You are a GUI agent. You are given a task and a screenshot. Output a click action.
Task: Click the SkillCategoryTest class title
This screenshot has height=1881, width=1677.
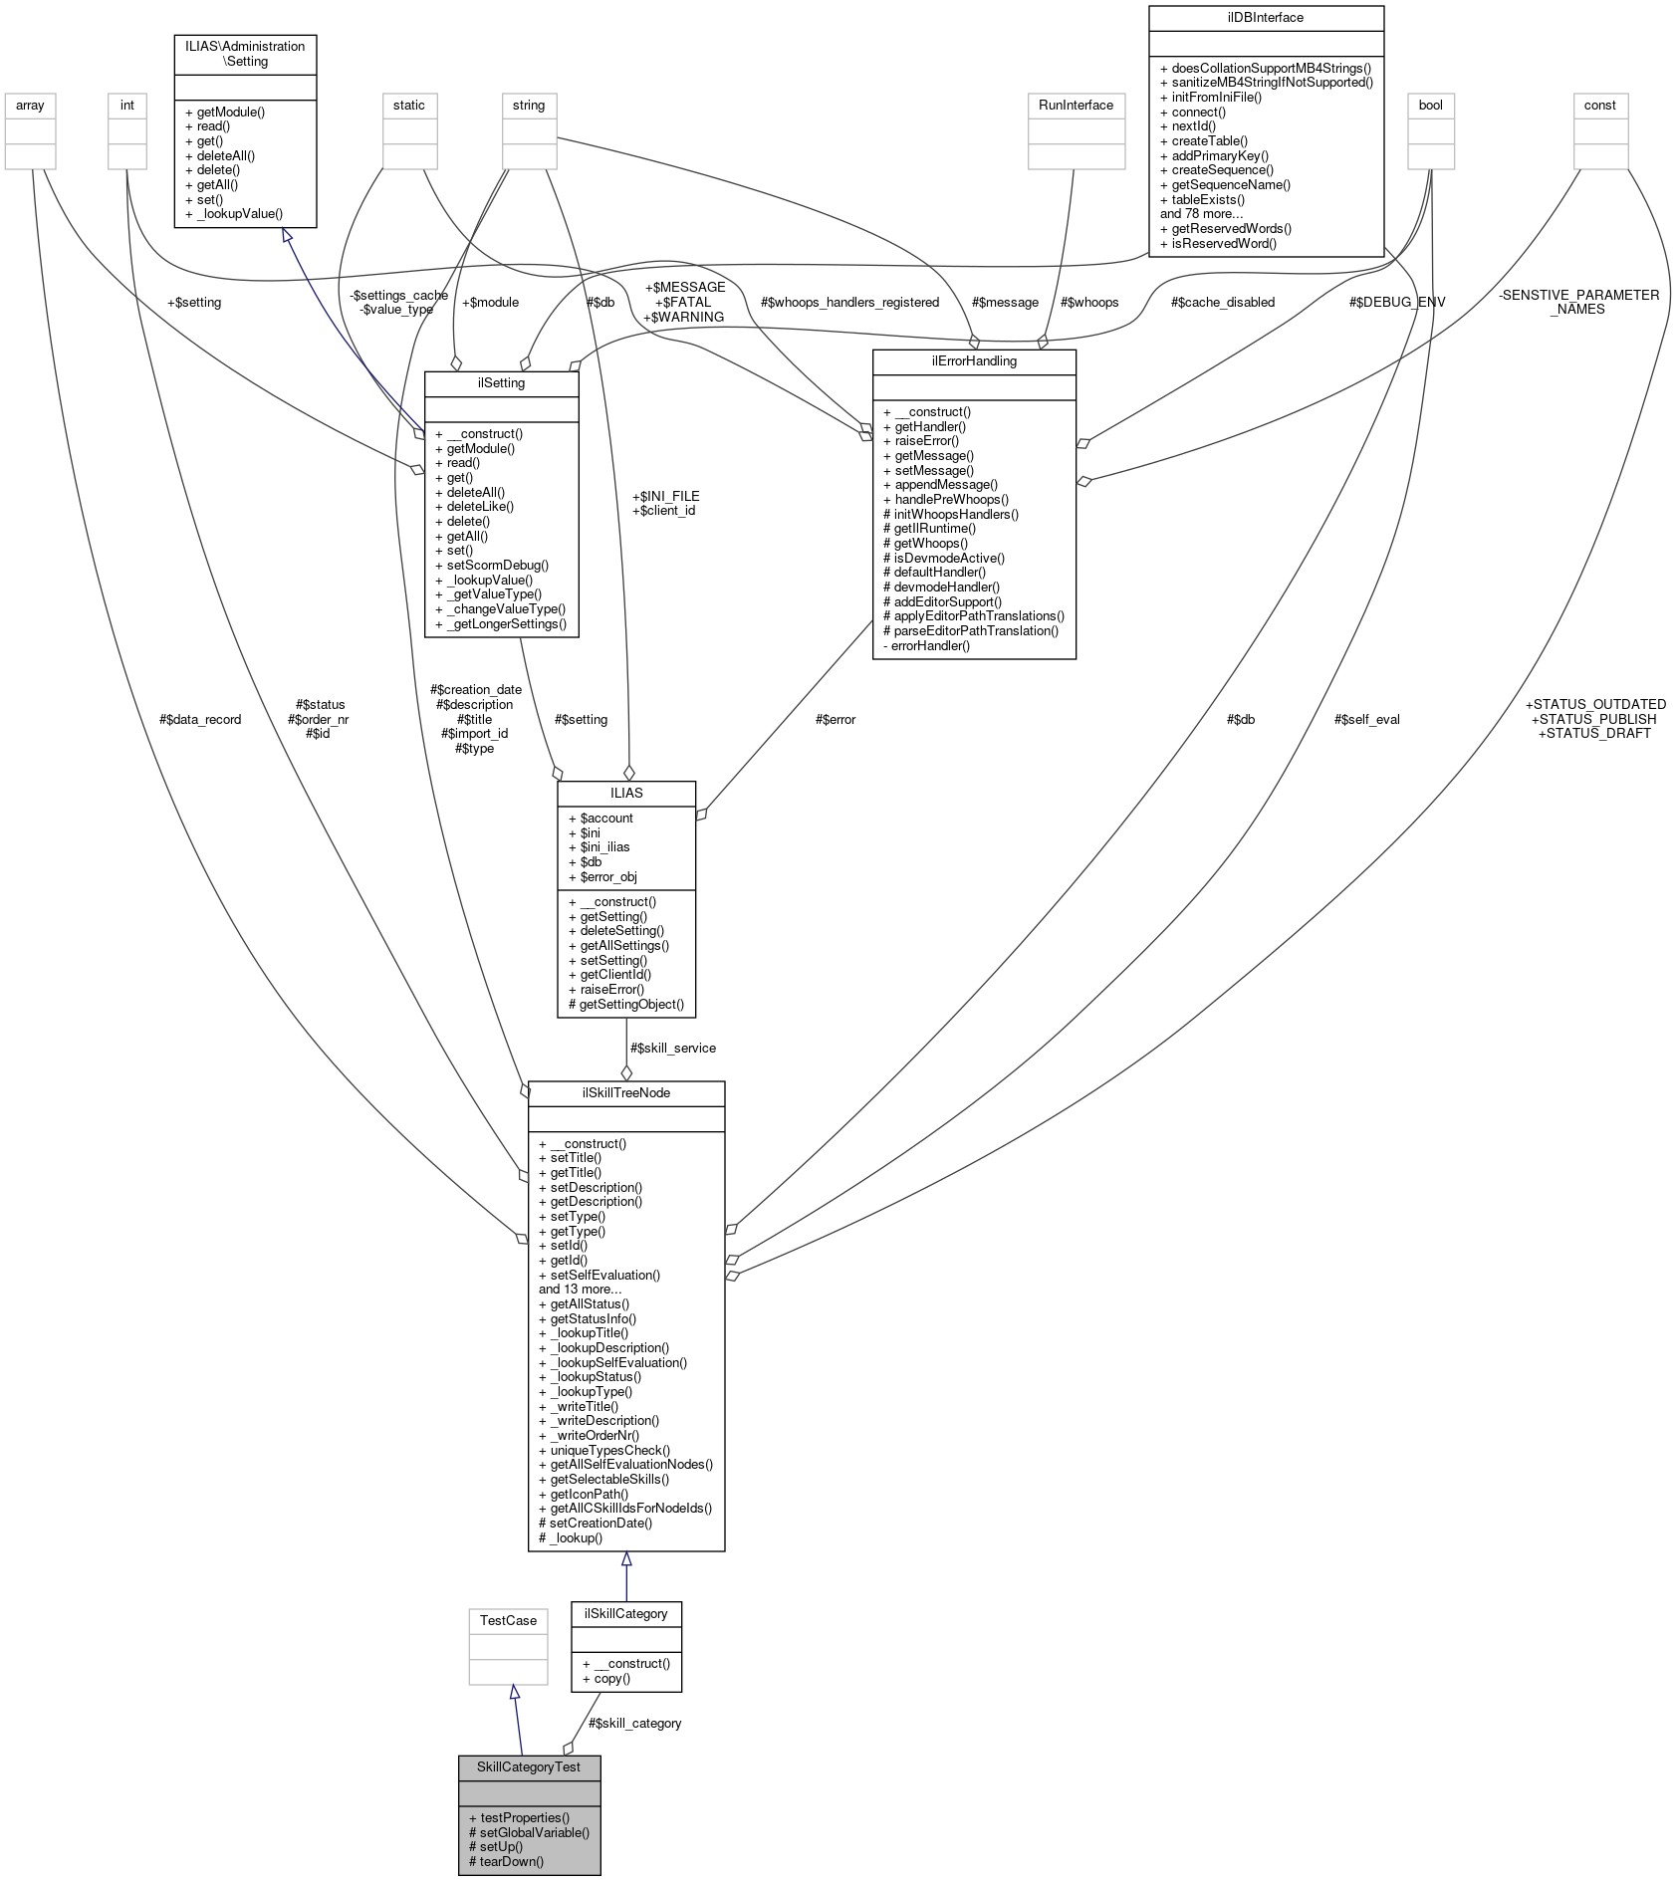[528, 1766]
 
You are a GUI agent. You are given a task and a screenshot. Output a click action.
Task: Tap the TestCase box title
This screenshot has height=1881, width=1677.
[508, 1620]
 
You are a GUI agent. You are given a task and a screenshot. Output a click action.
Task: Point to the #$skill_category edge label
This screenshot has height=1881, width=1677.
[634, 1723]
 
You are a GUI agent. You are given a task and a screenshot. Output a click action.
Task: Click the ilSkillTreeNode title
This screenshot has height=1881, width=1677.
[625, 1092]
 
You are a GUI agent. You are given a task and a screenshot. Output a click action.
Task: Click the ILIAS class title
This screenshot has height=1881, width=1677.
[625, 793]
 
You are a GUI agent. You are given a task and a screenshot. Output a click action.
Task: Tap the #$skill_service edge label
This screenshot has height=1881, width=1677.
[672, 1048]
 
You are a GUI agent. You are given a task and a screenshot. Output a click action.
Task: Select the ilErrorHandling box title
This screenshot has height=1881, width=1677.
[973, 360]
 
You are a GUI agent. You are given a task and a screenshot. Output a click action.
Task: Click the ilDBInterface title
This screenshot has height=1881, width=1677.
[1265, 17]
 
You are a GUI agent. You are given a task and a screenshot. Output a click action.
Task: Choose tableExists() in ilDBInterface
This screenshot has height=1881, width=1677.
[1207, 199]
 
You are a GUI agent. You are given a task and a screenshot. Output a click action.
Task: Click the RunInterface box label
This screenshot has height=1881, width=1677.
[1076, 105]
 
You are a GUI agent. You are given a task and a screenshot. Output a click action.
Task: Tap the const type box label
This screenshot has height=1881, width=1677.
[1599, 105]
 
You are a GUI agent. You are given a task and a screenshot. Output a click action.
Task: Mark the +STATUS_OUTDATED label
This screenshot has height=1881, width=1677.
[1595, 704]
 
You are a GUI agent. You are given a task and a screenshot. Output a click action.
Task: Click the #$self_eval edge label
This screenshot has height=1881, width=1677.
[1366, 719]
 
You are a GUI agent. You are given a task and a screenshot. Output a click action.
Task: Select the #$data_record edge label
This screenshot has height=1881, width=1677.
[199, 719]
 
